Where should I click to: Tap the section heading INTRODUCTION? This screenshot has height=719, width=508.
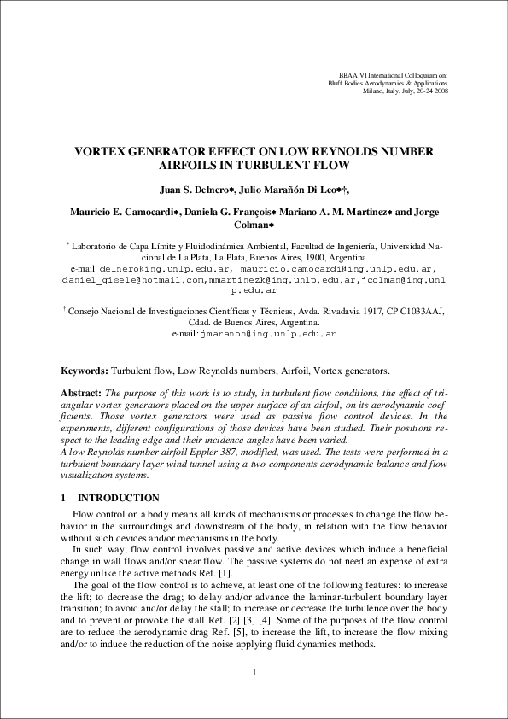pos(118,498)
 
